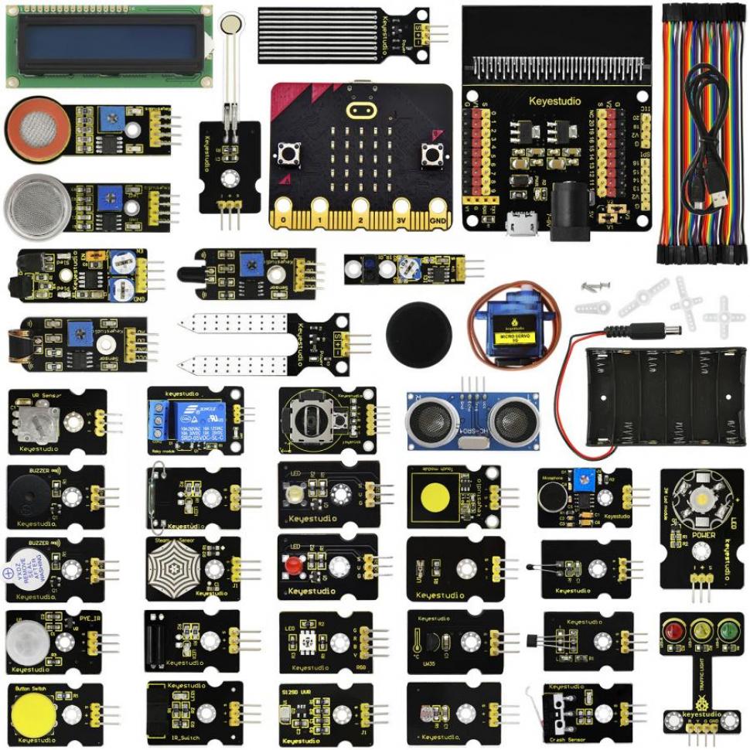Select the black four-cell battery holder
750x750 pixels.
coord(665,395)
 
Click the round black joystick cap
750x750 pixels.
coord(418,333)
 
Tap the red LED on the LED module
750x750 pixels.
coord(293,566)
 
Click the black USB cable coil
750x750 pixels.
coord(705,131)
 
